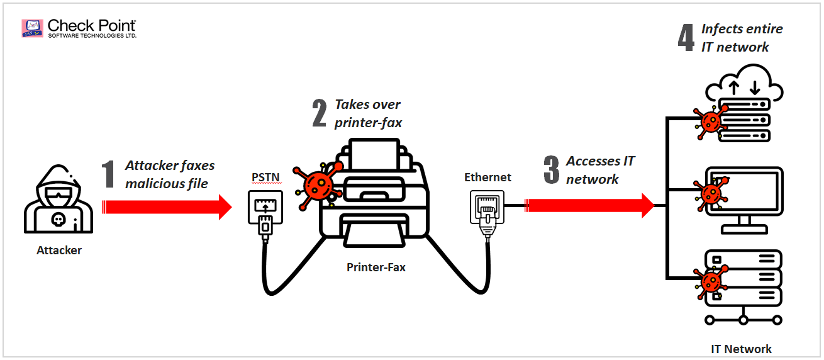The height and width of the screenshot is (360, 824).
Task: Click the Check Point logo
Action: tap(79, 28)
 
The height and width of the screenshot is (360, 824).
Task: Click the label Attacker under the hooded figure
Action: tap(59, 250)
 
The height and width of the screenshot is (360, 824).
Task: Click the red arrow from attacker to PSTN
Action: tap(167, 207)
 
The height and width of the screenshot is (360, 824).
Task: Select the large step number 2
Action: tap(320, 113)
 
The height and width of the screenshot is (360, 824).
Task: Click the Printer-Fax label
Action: tap(376, 267)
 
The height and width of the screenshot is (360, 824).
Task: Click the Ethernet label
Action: tap(487, 177)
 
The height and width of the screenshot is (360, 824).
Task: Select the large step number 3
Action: tap(551, 170)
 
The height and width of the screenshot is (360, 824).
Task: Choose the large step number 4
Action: tap(686, 37)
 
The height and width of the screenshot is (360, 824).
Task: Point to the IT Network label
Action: tap(741, 349)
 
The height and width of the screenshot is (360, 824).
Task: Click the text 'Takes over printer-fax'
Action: tap(368, 113)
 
